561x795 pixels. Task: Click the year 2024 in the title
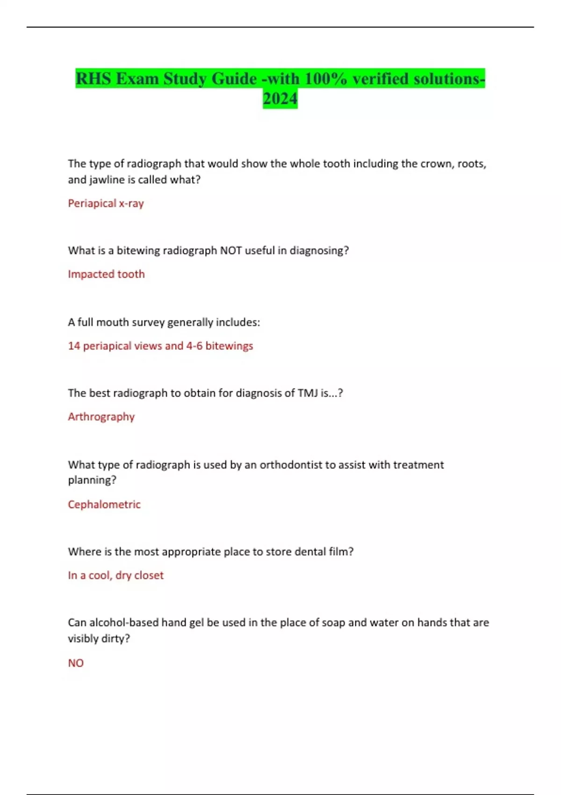tap(280, 99)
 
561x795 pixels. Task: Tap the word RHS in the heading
tap(94, 79)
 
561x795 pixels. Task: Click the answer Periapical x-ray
tap(106, 203)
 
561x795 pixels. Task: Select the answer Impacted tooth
tap(106, 274)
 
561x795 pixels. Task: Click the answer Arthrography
tap(101, 417)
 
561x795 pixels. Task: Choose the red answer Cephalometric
tap(104, 505)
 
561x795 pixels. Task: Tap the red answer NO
tap(76, 663)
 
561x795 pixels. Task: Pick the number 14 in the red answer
tap(74, 346)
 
